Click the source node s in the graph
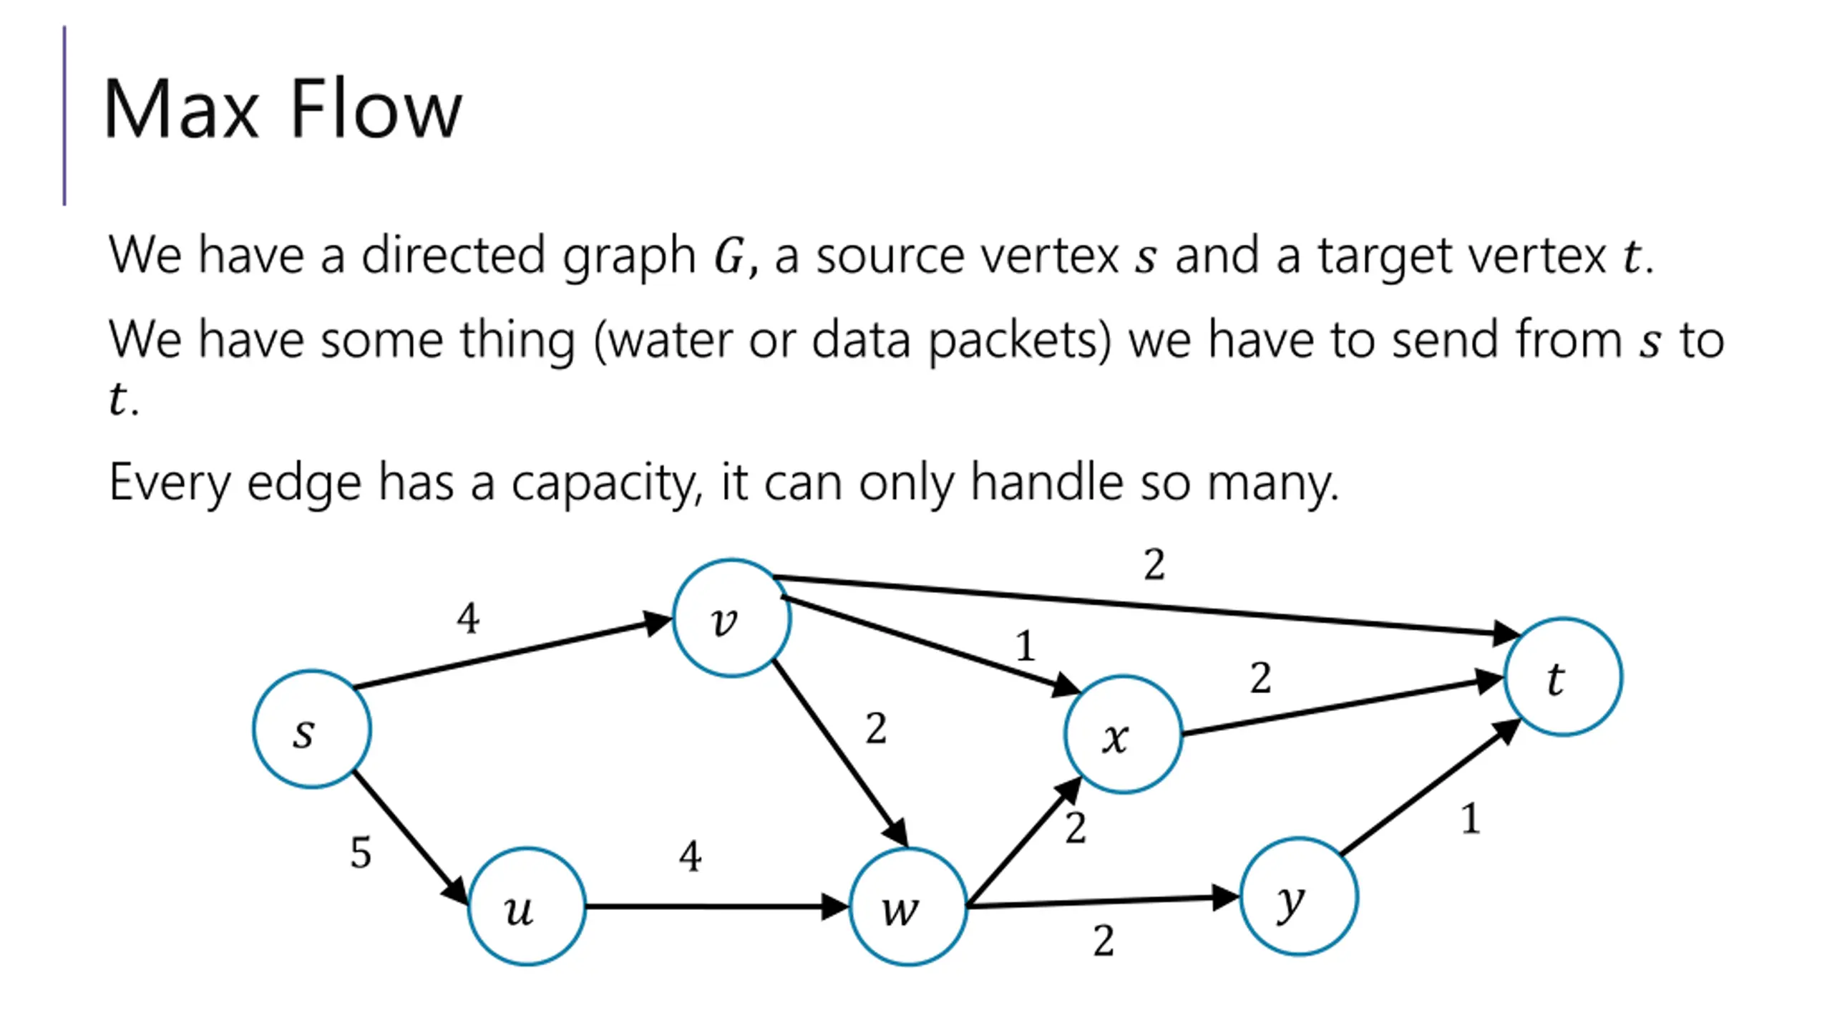pyautogui.click(x=312, y=729)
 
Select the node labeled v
pyautogui.click(x=732, y=618)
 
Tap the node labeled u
pyautogui.click(x=527, y=906)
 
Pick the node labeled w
pyautogui.click(x=908, y=906)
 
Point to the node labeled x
pyautogui.click(x=1124, y=735)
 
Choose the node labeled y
pyautogui.click(x=1299, y=896)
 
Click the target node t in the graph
pyautogui.click(x=1564, y=677)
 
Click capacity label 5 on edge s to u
pyautogui.click(x=361, y=853)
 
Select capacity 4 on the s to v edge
pyautogui.click(x=468, y=618)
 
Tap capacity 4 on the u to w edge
pyautogui.click(x=690, y=856)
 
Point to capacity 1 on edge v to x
pyautogui.click(x=1025, y=646)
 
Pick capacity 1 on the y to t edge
pyautogui.click(x=1471, y=818)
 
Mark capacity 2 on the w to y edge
pyautogui.click(x=1103, y=940)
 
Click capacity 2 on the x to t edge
pyautogui.click(x=1261, y=677)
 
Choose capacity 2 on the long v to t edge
pyautogui.click(x=1154, y=564)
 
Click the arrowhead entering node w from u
pyautogui.click(x=835, y=906)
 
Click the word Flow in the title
pyautogui.click(x=376, y=109)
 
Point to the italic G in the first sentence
pyautogui.click(x=730, y=256)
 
